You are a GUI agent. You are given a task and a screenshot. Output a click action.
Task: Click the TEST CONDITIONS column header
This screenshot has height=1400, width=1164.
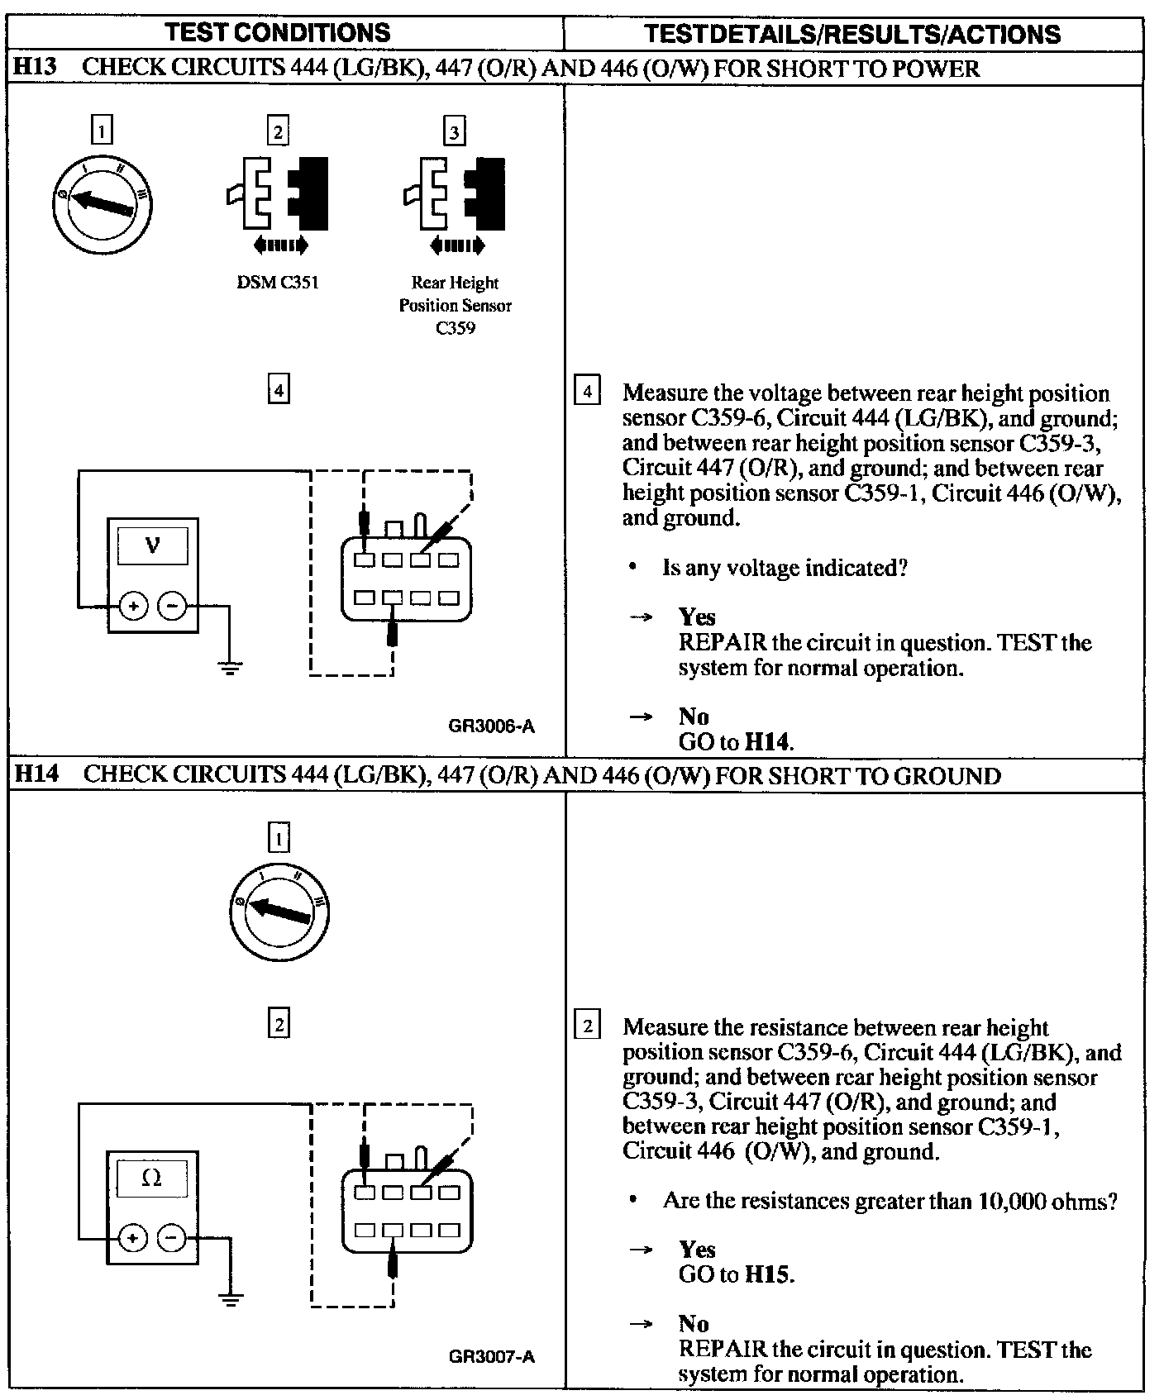[x=278, y=32]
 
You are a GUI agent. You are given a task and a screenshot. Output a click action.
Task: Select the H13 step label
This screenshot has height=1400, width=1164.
[x=35, y=67]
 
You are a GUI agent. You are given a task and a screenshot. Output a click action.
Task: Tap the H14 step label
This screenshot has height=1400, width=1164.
[x=35, y=774]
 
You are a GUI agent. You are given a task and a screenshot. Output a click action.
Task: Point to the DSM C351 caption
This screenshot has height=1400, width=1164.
[x=278, y=283]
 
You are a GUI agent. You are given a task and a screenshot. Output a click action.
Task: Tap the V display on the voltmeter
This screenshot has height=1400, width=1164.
[x=153, y=545]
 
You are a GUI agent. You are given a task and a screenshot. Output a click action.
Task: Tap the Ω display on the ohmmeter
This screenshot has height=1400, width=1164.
[x=152, y=1177]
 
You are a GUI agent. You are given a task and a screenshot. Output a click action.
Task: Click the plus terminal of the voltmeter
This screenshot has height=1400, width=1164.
[x=133, y=607]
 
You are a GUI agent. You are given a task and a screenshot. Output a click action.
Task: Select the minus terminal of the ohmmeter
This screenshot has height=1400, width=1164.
[x=172, y=1237]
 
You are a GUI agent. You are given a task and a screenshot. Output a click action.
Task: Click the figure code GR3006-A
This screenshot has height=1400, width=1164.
[x=492, y=726]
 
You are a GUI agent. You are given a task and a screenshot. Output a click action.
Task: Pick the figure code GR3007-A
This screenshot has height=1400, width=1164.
[x=492, y=1357]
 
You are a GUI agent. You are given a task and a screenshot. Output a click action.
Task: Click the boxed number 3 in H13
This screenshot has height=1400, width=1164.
[x=455, y=131]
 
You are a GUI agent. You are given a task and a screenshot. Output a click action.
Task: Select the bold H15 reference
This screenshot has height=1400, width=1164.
[x=767, y=1274]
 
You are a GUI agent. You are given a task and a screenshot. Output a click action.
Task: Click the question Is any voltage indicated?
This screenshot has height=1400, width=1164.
[x=785, y=569]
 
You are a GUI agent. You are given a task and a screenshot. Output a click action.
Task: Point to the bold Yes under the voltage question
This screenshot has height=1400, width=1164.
[x=697, y=617]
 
